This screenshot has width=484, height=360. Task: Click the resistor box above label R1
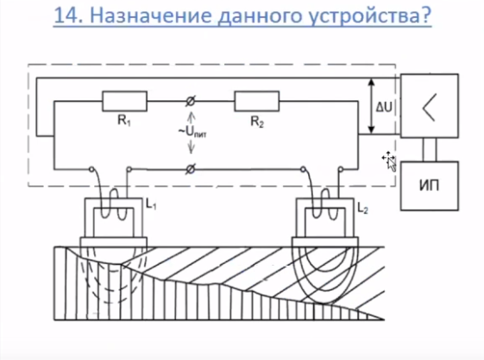125,101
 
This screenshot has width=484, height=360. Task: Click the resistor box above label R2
257,101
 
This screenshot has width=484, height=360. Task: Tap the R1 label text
124,121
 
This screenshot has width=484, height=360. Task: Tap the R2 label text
257,122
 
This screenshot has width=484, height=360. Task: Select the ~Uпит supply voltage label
192,132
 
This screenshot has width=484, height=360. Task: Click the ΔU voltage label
384,107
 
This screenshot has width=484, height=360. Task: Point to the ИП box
430,186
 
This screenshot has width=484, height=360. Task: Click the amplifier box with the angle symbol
430,105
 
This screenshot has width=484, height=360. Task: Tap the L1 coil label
151,204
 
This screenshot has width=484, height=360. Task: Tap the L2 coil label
362,208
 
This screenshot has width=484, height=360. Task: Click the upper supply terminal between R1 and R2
191,101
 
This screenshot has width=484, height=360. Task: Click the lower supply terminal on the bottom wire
191,169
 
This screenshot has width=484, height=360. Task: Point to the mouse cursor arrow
390,161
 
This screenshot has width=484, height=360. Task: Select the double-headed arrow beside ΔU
372,105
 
